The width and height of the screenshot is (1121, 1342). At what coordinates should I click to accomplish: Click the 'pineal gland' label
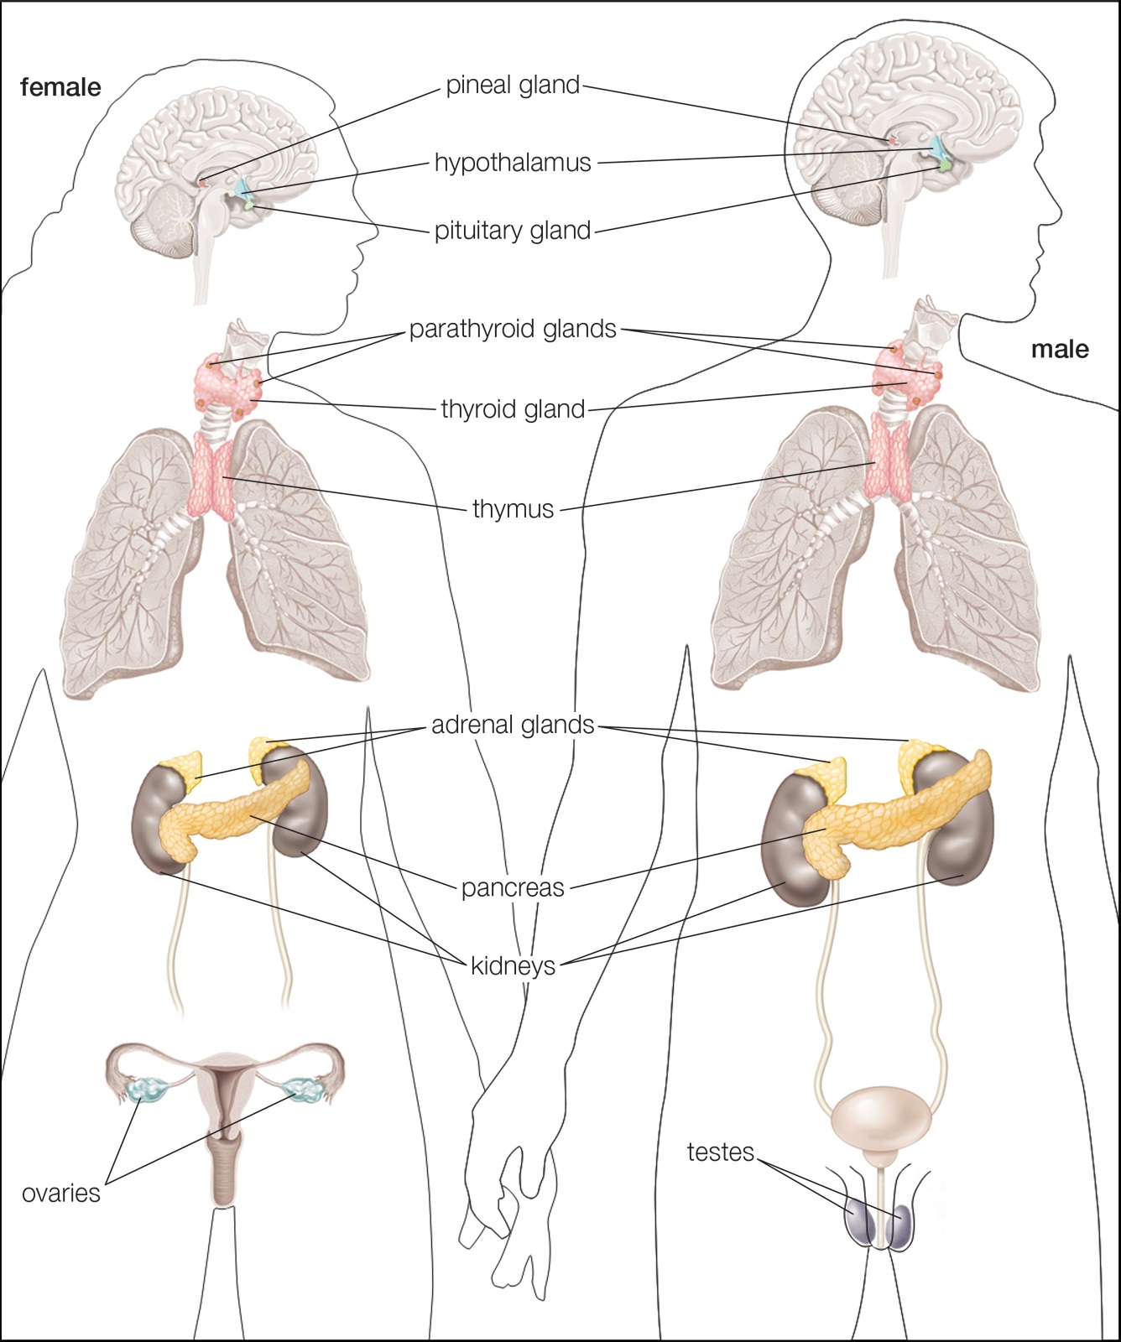513,86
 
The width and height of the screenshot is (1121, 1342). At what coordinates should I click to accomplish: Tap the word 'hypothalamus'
513,163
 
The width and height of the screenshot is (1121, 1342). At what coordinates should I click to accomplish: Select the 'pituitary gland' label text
513,231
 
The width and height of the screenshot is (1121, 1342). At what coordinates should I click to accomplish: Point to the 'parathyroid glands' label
513,330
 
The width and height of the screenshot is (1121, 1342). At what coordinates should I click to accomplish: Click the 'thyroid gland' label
513,409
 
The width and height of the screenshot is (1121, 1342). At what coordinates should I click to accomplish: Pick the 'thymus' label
513,509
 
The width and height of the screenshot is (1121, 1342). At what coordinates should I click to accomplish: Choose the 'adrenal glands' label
513,725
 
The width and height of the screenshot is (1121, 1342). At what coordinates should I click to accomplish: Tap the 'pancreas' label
513,887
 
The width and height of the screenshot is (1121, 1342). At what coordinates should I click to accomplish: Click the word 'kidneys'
513,965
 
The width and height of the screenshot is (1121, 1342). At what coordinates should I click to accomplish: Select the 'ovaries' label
61,1194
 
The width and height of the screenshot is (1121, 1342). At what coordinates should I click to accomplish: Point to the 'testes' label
721,1152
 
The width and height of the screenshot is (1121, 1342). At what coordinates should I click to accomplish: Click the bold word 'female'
60,87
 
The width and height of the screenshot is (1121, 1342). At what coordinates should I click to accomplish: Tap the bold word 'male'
1060,349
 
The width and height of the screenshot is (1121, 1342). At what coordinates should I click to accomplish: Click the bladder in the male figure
881,1121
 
